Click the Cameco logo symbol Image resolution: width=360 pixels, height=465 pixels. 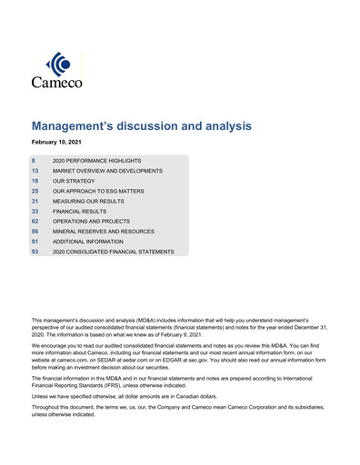pyautogui.click(x=57, y=64)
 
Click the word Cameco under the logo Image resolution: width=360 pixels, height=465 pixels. pyautogui.click(x=57, y=83)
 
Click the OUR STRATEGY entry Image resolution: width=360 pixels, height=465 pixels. pyautogui.click(x=74, y=181)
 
